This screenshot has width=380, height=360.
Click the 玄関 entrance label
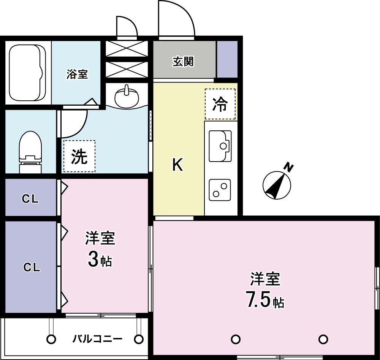tap(183, 62)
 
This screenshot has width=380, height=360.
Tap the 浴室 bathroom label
tap(77, 74)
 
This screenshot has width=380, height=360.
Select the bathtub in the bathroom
tap(27, 73)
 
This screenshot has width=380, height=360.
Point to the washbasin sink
tap(127, 97)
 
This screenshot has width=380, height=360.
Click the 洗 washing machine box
tap(79, 156)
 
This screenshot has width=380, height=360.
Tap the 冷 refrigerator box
tap(220, 104)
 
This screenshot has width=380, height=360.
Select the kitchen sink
tap(220, 146)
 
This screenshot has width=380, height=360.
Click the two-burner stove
tap(220, 190)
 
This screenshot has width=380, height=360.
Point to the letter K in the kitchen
tap(177, 165)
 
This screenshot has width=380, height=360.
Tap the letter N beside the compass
tap(289, 168)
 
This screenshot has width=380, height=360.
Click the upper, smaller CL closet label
tap(30, 199)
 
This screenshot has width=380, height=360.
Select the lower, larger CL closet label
tap(32, 267)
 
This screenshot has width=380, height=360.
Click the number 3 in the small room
tap(93, 259)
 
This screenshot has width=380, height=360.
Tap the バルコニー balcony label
tap(97, 338)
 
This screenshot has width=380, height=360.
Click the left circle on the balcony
tap(51, 339)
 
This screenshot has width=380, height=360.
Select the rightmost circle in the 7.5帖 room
tap(323, 339)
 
